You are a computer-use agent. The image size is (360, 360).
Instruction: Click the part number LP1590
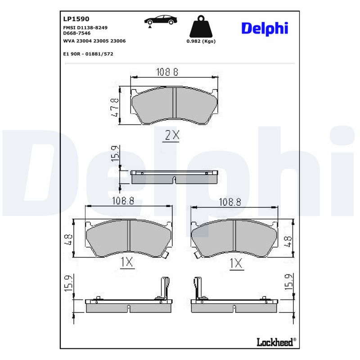(76, 19)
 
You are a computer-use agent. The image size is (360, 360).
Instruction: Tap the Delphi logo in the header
(264, 28)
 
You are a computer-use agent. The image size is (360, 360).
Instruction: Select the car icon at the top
(160, 21)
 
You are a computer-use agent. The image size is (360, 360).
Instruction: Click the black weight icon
(201, 28)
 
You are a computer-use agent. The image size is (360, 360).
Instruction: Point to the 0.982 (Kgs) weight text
(201, 41)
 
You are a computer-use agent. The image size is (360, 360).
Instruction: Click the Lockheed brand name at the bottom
(275, 342)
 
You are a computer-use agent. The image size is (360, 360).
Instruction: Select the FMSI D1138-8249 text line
(85, 27)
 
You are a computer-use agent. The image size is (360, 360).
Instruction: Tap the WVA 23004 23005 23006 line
(94, 41)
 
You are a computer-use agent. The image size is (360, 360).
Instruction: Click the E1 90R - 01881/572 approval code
(88, 54)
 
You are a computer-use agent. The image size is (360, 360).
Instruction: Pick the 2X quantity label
(172, 135)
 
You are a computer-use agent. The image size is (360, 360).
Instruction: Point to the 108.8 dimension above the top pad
(167, 72)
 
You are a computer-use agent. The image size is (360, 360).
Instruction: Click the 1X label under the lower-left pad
(127, 262)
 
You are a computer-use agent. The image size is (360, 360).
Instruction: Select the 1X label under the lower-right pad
(236, 263)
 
